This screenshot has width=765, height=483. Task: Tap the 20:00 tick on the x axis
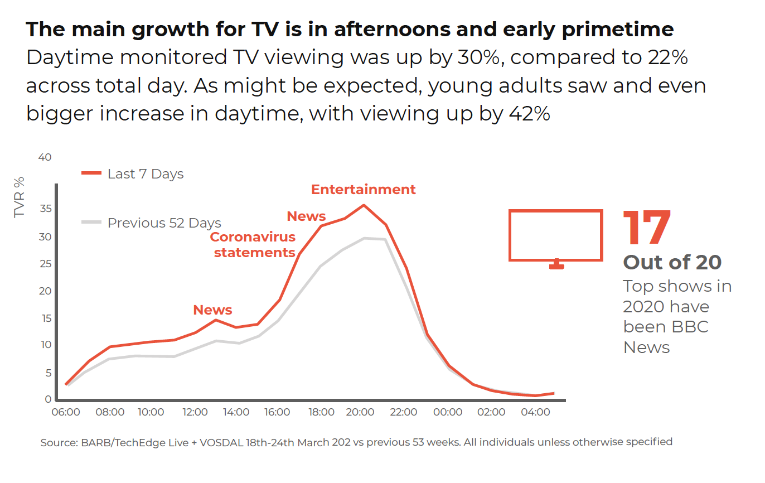click(360, 413)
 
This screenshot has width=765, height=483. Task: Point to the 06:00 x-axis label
click(65, 413)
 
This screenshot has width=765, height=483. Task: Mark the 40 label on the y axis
click(45, 158)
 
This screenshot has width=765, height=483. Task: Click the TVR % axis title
click(20, 197)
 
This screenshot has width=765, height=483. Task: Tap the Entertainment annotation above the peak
click(363, 190)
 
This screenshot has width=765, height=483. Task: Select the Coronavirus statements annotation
click(253, 245)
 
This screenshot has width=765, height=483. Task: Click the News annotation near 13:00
click(212, 310)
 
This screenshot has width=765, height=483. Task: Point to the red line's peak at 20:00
click(364, 205)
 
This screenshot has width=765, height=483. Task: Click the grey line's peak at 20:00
click(364, 238)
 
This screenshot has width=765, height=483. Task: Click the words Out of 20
click(672, 262)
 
